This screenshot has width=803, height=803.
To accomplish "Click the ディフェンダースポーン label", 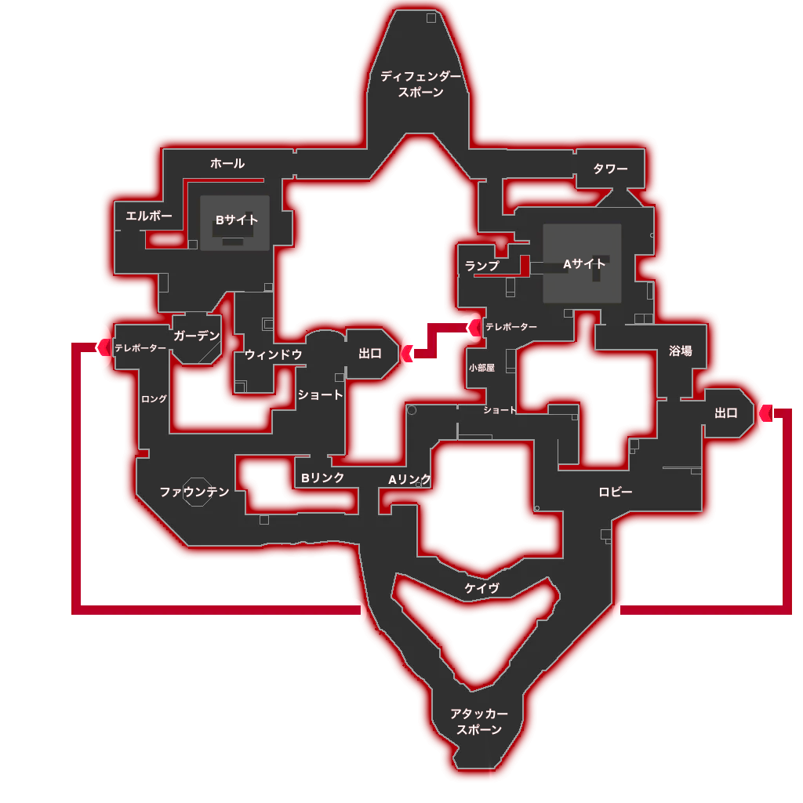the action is click(420, 85).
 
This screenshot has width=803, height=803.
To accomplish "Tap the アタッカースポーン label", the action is click(479, 721).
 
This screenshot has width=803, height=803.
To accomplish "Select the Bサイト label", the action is click(237, 220).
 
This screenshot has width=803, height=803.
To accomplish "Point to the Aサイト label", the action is click(584, 263).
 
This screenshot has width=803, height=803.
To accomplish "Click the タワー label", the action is click(610, 169).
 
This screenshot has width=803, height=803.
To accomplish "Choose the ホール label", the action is click(227, 163).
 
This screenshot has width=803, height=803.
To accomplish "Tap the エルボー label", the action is click(149, 216).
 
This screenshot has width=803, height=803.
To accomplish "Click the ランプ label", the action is click(482, 266).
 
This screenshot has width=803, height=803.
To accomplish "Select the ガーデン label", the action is click(197, 336).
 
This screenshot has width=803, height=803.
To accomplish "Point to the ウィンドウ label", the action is click(273, 354).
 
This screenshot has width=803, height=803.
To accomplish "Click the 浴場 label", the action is click(681, 351).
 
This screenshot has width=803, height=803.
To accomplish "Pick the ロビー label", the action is click(616, 492).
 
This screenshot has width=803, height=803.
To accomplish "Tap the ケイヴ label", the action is click(482, 588).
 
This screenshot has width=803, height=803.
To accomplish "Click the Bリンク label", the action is click(322, 478).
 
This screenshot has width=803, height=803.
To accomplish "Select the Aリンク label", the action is click(409, 479).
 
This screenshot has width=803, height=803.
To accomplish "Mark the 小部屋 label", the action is click(482, 368).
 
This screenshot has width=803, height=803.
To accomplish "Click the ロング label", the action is click(154, 398).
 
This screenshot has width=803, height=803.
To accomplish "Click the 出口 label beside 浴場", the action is click(726, 412).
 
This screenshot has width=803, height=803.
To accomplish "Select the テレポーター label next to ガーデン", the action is click(140, 347).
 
